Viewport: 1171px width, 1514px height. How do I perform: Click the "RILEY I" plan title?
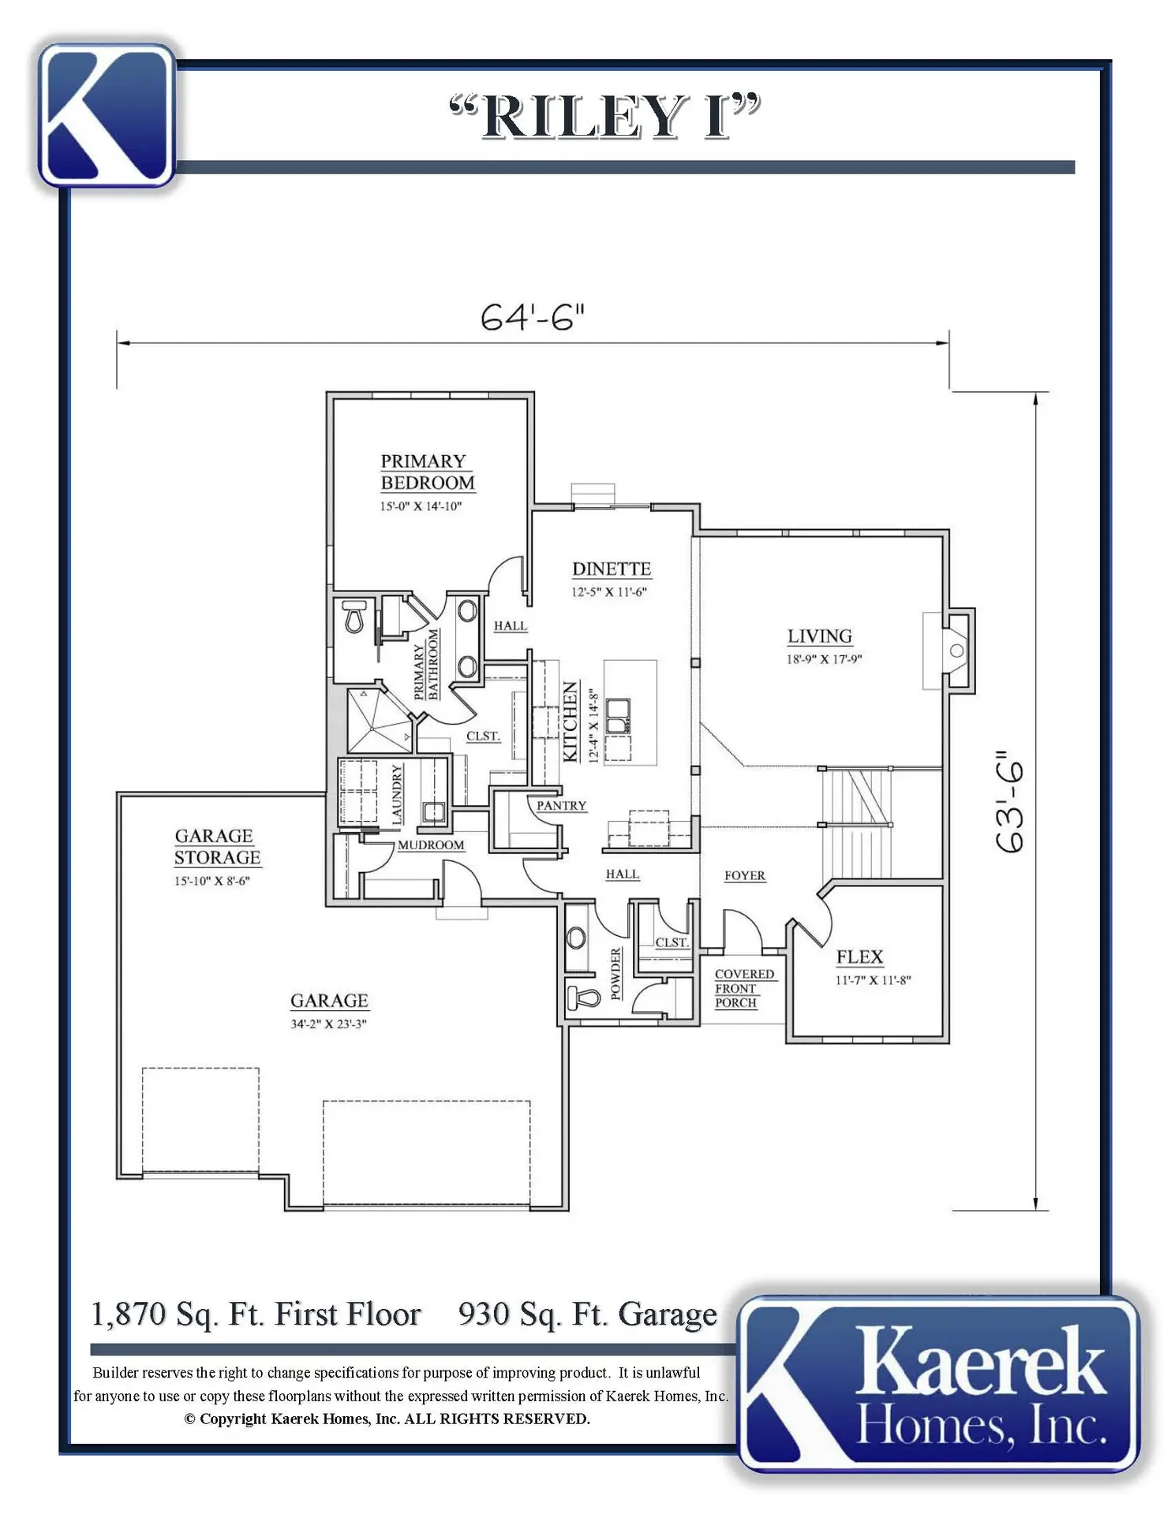605,116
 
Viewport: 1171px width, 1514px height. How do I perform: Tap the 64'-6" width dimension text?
533,317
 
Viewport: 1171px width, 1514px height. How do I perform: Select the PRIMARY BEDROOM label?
428,472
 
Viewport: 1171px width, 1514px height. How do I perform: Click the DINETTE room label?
612,569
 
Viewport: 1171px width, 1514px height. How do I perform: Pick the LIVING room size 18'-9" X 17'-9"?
824,659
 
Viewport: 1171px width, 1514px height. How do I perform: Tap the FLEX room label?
859,957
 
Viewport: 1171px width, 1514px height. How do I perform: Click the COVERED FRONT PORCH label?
744,988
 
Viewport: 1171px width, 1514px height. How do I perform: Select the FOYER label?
745,875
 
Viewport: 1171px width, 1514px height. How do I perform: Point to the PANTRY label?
562,805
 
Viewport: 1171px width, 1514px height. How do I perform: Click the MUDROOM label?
431,845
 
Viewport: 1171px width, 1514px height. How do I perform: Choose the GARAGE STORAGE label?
217,846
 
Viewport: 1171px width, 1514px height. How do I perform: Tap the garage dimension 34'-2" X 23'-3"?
328,1024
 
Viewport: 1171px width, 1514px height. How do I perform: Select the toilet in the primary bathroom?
354,617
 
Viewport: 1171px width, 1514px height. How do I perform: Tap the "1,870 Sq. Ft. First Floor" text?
256,1314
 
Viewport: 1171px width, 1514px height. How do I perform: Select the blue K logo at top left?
107,115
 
